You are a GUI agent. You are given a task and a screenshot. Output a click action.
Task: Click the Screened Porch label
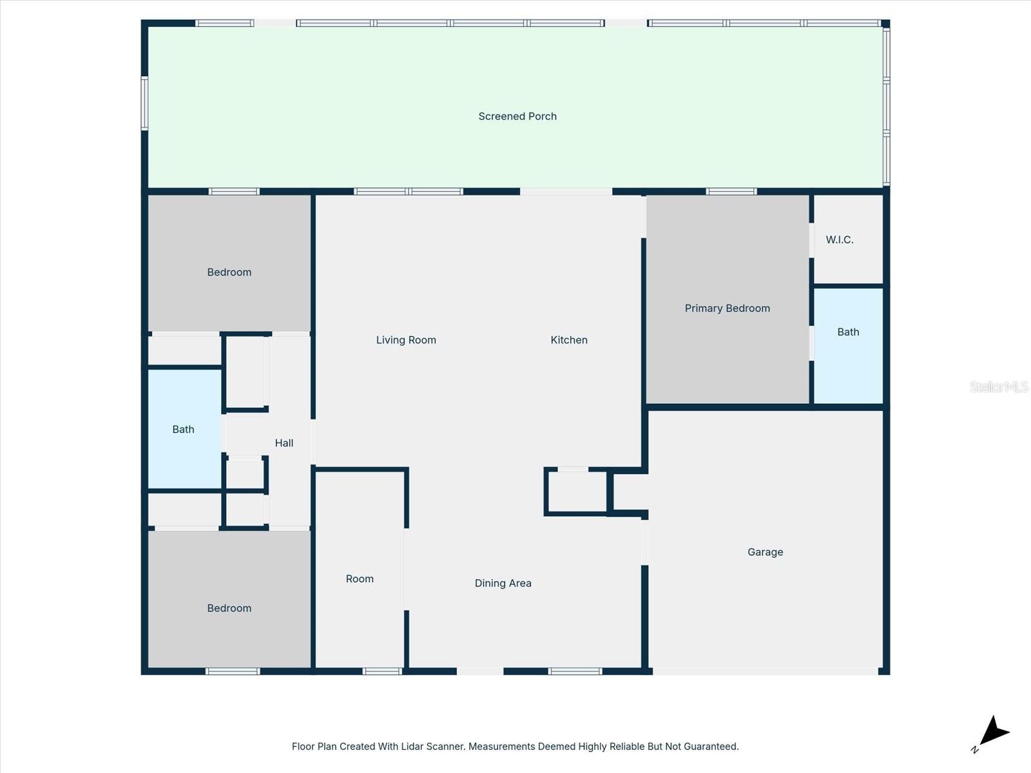pos(517,117)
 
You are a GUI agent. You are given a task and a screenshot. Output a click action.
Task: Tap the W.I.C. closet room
pos(840,240)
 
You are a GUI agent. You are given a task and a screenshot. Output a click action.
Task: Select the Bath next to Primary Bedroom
pos(848,332)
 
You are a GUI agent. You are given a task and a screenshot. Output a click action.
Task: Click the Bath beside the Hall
pos(183,430)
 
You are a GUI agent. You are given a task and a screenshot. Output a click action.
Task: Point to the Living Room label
pos(406,340)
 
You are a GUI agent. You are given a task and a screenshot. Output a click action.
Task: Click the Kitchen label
pos(569,340)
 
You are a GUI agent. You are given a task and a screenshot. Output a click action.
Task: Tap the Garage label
pos(765,552)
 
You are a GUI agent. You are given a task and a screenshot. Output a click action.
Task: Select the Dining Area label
pos(503,584)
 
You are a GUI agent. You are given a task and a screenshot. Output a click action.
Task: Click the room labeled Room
pos(360,579)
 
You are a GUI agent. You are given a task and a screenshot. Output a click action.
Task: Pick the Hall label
pos(284,443)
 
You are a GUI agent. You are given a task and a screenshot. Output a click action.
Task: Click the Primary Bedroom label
pos(727,309)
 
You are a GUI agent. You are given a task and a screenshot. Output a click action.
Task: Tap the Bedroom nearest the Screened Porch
pos(229,272)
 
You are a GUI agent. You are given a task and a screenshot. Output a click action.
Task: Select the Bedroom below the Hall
pos(229,608)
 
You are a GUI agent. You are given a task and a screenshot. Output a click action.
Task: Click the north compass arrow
pos(993,733)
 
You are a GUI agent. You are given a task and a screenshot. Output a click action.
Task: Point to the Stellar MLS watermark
pos(998,386)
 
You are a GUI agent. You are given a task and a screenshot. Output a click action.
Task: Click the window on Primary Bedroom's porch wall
pos(731,191)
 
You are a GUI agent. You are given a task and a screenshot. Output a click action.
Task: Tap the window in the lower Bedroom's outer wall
pos(233,671)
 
